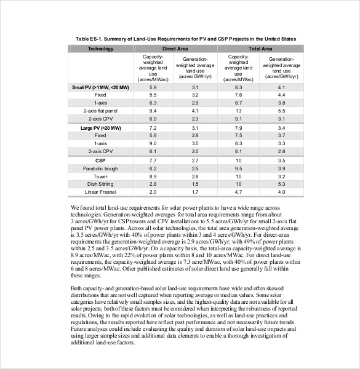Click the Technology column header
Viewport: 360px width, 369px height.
pyautogui.click(x=100, y=48)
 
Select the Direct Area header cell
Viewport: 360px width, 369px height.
pyautogui.click(x=175, y=48)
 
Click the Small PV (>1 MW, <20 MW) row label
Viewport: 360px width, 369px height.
pyautogui.click(x=100, y=88)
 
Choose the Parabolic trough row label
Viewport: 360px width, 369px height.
pyautogui.click(x=100, y=168)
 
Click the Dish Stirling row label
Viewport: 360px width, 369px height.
pyautogui.click(x=100, y=184)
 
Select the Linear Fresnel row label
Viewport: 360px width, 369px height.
pyautogui.click(x=100, y=192)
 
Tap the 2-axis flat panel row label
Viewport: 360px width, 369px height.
pyautogui.click(x=100, y=111)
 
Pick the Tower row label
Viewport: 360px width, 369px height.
pyautogui.click(x=100, y=176)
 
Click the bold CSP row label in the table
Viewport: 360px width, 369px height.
pyautogui.click(x=100, y=160)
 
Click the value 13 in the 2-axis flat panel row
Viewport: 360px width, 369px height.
pyautogui.click(x=239, y=111)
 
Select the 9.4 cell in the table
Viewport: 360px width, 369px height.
pyautogui.click(x=154, y=111)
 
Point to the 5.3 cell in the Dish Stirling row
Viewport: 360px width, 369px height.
pyautogui.click(x=281, y=184)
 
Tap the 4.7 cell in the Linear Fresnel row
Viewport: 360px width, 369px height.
pyautogui.click(x=239, y=192)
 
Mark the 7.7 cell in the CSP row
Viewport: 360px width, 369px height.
pyautogui.click(x=154, y=160)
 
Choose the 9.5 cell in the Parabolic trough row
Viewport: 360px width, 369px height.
pyautogui.click(x=239, y=168)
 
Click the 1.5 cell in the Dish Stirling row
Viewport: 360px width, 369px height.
pyautogui.click(x=195, y=184)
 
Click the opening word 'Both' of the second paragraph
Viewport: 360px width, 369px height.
pyautogui.click(x=78, y=288)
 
